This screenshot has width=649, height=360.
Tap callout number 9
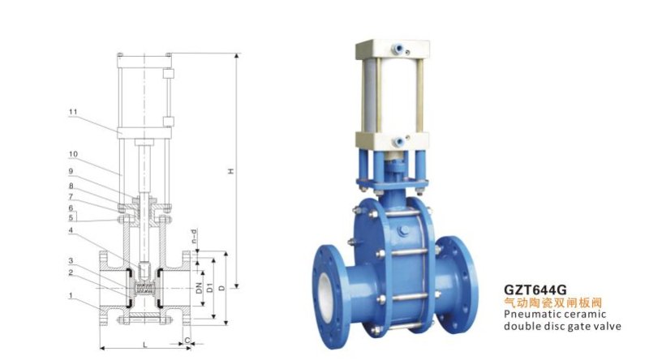tap(71, 171)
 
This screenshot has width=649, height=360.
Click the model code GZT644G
tap(536, 288)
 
